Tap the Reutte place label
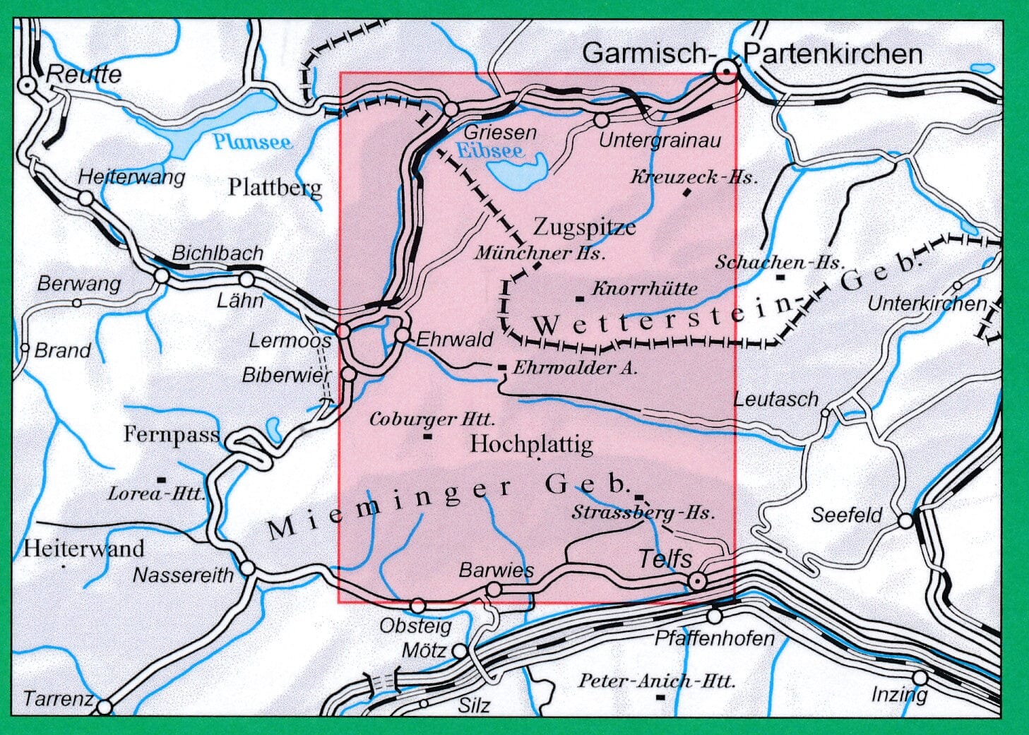pos(83,74)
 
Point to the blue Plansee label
pos(252,142)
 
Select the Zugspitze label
pos(584,227)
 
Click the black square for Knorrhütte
pos(580,298)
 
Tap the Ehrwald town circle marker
pos(403,335)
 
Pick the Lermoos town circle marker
pos(343,330)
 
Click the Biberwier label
pos(286,375)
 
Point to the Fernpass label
pos(172,434)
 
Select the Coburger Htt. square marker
pos(427,436)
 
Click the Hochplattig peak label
pos(531,444)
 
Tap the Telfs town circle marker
pos(697,581)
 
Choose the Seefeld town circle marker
pos(906,521)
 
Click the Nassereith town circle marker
pos(247,567)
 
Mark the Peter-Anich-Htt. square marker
pos(660,698)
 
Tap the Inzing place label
pos(899,694)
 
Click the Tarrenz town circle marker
pos(105,706)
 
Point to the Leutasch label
pos(775,400)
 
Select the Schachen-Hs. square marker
pos(780,277)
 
